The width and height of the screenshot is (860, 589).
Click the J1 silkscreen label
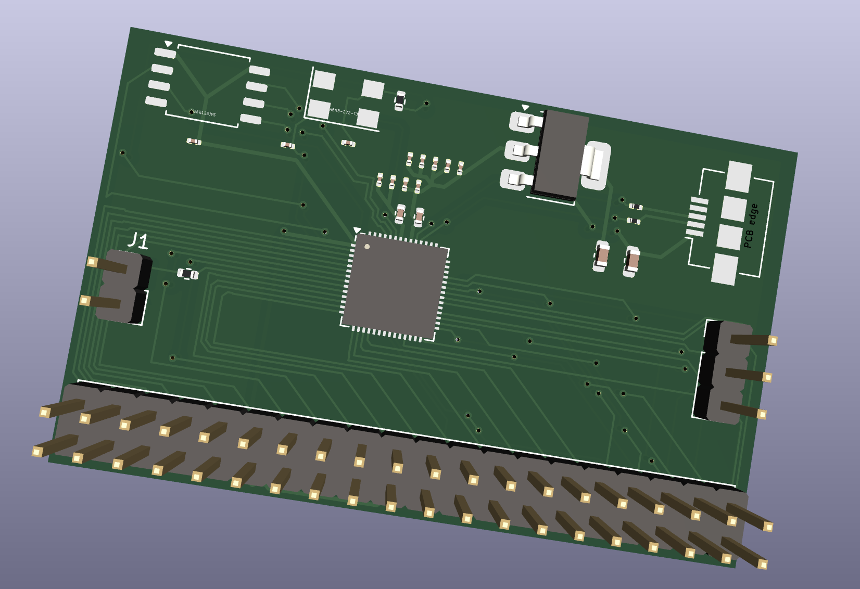(138, 241)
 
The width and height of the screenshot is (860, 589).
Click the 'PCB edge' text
(751, 226)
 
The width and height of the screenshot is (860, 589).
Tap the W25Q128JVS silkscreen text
(203, 113)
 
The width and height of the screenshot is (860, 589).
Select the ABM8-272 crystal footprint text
(344, 112)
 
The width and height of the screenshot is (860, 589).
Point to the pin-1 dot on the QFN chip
(367, 247)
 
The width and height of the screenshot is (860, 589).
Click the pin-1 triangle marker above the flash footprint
(168, 44)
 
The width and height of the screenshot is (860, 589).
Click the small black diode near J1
(187, 274)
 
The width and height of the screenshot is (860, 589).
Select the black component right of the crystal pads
(400, 99)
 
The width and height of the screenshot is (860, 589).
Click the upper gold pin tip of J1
(92, 262)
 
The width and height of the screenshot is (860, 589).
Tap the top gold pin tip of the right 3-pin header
(773, 341)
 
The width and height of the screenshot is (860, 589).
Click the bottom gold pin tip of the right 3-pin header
(762, 414)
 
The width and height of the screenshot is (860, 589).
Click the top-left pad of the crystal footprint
(324, 81)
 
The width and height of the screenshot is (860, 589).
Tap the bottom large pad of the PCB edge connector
(725, 269)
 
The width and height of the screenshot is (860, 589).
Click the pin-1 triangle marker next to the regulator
(525, 108)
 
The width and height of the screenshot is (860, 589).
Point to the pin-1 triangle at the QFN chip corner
(357, 230)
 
